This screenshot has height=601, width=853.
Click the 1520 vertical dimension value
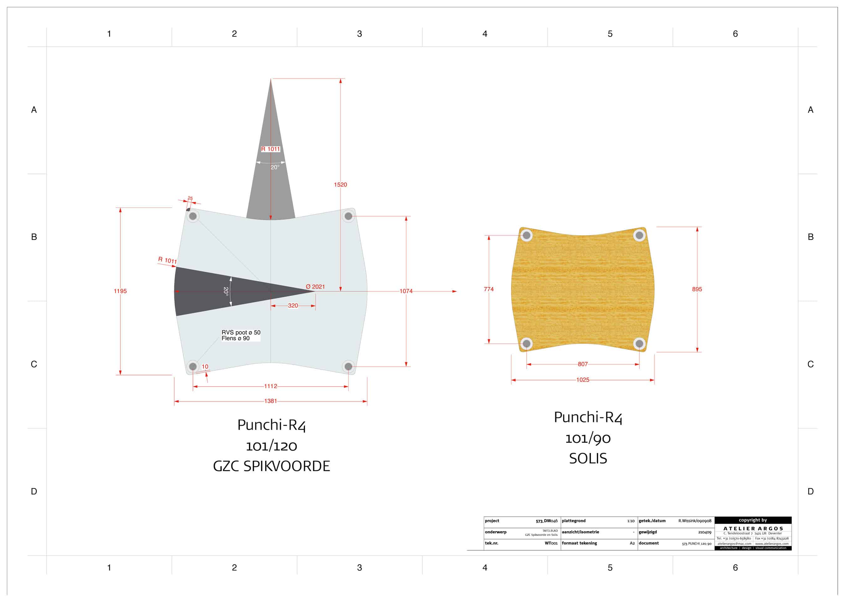[340, 185]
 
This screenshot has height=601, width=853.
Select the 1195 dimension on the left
[120, 291]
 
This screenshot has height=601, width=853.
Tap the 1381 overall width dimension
[270, 401]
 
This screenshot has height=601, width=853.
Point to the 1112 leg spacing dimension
[270, 386]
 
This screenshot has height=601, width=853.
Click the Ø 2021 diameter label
[315, 287]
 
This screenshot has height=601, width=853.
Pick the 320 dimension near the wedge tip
[293, 306]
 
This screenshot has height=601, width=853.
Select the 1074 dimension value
[406, 291]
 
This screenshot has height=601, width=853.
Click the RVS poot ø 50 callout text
[241, 332]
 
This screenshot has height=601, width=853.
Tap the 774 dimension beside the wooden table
[489, 289]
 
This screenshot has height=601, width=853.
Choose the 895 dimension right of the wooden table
[697, 289]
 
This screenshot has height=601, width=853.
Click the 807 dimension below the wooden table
[582, 364]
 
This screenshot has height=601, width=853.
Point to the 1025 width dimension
[582, 380]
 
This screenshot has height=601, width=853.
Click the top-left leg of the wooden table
[526, 235]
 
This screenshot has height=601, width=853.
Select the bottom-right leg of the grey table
[348, 367]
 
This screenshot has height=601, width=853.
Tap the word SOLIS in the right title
[588, 459]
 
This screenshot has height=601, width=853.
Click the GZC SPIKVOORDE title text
[271, 466]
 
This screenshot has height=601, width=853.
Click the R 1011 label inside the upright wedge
[270, 149]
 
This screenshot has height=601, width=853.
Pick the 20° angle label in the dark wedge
[225, 291]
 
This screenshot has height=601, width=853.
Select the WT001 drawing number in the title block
[551, 543]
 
